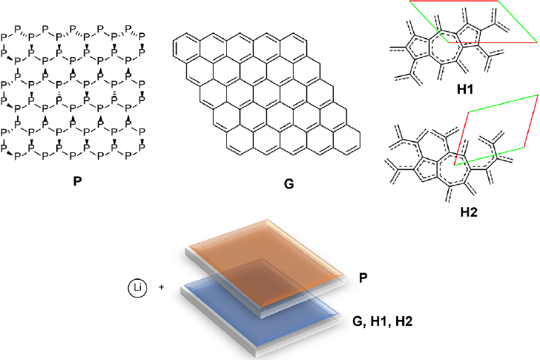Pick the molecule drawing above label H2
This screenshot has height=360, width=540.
pos(438,163)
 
